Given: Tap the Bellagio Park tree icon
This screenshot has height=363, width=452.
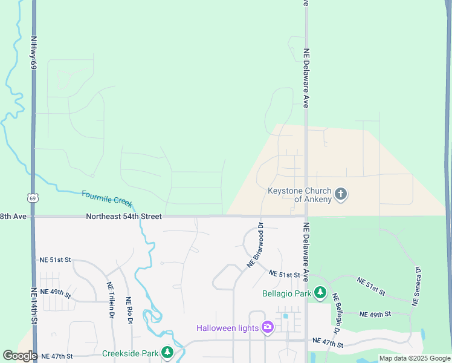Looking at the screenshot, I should [x=320, y=294].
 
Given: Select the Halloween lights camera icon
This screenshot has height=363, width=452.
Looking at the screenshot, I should [x=267, y=328].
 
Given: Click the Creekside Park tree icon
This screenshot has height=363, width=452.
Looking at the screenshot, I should [x=167, y=353].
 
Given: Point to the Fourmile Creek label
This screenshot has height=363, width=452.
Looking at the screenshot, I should [x=107, y=198].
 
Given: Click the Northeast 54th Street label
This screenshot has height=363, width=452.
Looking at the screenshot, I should [x=123, y=216].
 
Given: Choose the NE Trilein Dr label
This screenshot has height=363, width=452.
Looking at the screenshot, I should [x=111, y=300].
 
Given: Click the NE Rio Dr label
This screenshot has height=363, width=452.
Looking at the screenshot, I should [x=129, y=310].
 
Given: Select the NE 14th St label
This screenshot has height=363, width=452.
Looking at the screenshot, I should [x=34, y=306].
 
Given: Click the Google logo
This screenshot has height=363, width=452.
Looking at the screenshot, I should [x=20, y=356].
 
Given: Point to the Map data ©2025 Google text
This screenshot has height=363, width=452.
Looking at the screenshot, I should [x=415, y=358].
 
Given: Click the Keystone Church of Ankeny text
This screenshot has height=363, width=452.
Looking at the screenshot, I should [x=300, y=195].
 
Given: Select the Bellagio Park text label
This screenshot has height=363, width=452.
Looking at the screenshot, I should [x=287, y=294].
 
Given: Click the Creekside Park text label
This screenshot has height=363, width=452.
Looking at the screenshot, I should [x=130, y=353].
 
